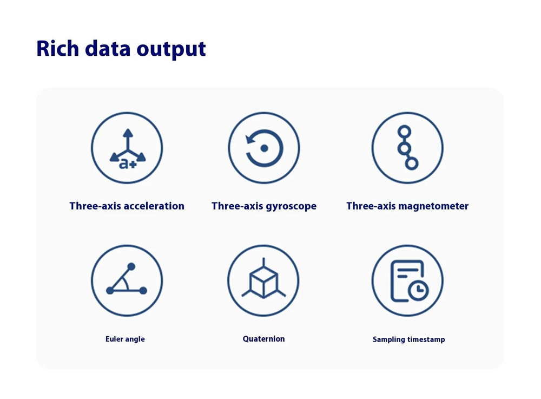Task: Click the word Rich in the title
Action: (x=58, y=48)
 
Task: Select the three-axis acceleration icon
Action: (x=127, y=148)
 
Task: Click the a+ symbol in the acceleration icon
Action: (x=128, y=163)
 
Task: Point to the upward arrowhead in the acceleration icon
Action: (x=128, y=133)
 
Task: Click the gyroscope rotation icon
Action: (x=264, y=148)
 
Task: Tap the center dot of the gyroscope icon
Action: (x=265, y=148)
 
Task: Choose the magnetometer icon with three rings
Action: (x=407, y=148)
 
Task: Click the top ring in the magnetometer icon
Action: (x=404, y=132)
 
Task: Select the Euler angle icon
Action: (x=127, y=280)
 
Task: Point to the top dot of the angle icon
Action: (x=131, y=266)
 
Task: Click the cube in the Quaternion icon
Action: (x=263, y=282)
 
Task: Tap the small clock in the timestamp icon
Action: (x=419, y=291)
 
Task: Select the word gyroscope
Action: (x=290, y=206)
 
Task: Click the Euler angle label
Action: (x=126, y=339)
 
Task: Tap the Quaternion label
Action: (x=264, y=339)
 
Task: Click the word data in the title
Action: (x=108, y=48)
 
